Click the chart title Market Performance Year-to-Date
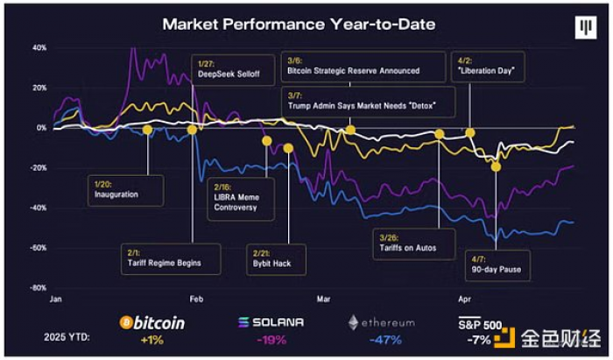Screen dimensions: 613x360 (299, 25)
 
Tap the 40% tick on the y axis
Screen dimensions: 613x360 (39, 47)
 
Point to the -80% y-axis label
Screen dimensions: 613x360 (39, 288)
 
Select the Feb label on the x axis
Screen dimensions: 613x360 (196, 300)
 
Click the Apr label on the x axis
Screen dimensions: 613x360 (465, 300)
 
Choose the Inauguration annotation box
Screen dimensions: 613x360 (125, 190)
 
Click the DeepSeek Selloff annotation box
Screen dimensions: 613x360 (233, 69)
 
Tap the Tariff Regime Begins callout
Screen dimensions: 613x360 (171, 259)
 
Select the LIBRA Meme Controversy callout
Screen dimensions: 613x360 (241, 198)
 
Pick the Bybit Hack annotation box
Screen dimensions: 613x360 (276, 259)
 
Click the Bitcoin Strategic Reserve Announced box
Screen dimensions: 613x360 (363, 67)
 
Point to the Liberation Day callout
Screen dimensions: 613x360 (488, 67)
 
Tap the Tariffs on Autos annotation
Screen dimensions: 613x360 (414, 244)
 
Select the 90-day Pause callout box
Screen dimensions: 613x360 (497, 265)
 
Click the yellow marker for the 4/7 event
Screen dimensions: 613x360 (497, 167)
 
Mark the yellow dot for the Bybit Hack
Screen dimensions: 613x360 (288, 148)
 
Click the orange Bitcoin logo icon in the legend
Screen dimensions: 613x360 (126, 323)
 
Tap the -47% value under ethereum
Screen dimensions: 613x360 (385, 340)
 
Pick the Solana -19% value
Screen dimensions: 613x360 (271, 340)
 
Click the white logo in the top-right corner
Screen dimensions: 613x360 (586, 27)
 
